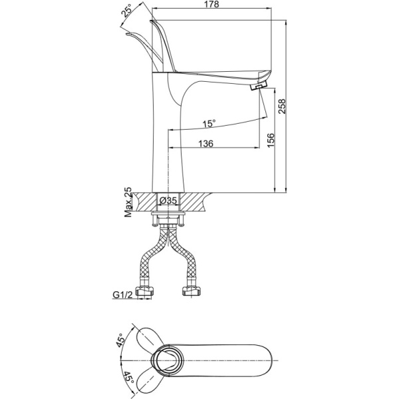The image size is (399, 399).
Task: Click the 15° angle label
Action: pos(209,123)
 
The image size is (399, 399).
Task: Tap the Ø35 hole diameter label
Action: pos(168,199)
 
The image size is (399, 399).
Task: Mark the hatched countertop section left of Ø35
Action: pos(144,200)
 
